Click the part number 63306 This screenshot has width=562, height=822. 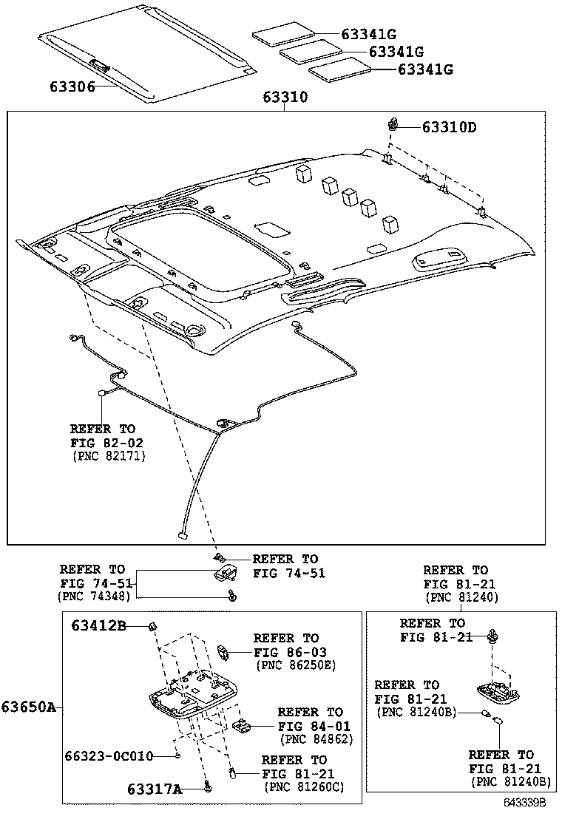(x=72, y=86)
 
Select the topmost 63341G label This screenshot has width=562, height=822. (x=369, y=33)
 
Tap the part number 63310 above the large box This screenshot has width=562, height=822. (x=285, y=98)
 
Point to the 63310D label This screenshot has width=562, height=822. (x=449, y=127)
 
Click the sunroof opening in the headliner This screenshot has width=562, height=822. (x=200, y=244)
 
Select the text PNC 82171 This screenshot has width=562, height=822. (x=109, y=457)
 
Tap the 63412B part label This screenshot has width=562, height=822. (x=99, y=626)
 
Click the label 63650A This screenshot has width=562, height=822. (x=28, y=707)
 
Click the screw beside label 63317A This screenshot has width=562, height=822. (x=208, y=789)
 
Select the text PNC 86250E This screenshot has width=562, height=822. (x=295, y=665)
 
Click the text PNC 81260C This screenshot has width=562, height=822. (x=304, y=787)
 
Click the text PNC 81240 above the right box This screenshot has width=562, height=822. (x=461, y=597)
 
